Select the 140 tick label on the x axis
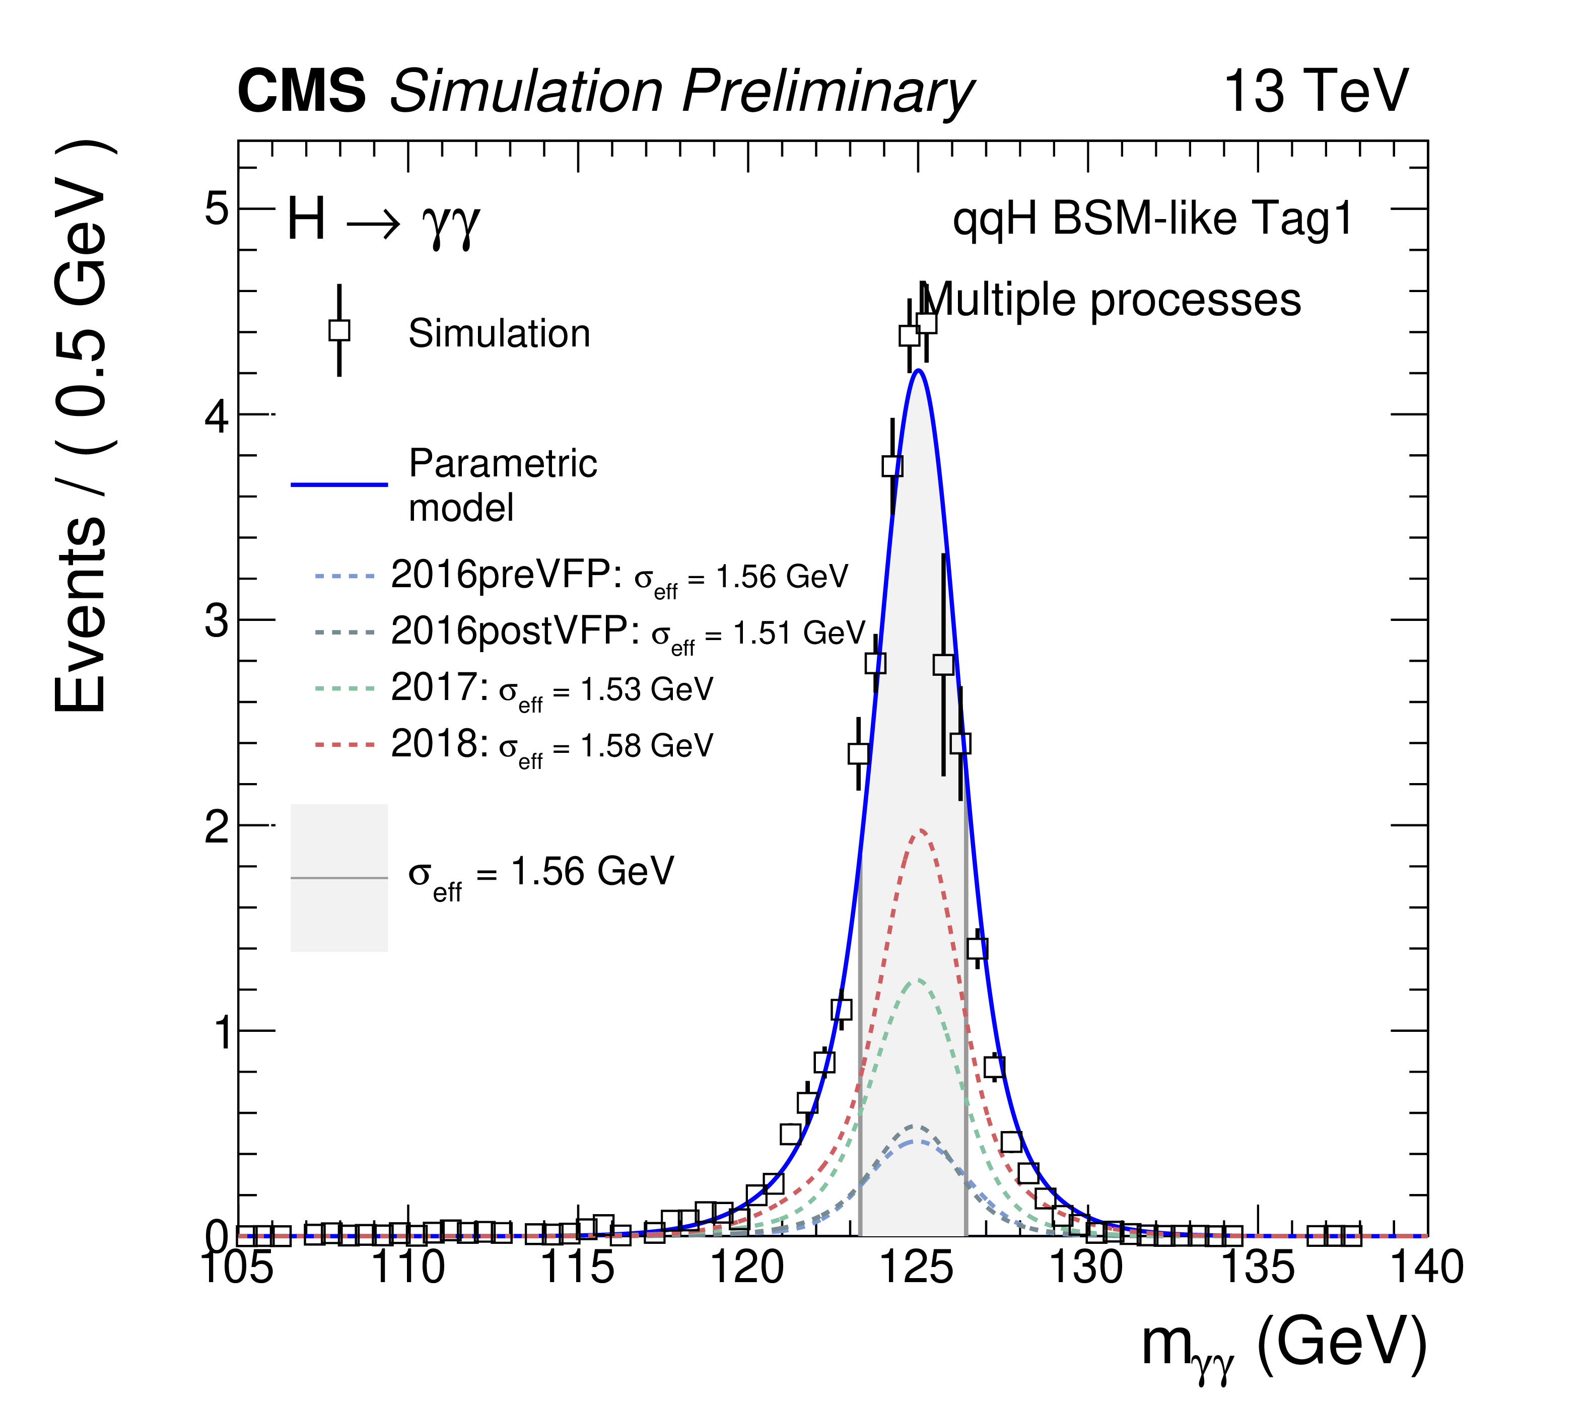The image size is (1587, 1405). coord(1425,1268)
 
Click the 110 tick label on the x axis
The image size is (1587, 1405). coord(407,1268)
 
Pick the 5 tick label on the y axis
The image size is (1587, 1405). coord(217,209)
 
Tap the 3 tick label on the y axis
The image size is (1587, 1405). coord(217,621)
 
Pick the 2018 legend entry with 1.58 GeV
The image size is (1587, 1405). coord(551,745)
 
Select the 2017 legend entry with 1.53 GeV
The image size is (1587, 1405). coord(551,688)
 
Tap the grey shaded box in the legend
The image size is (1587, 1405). coord(339,878)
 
